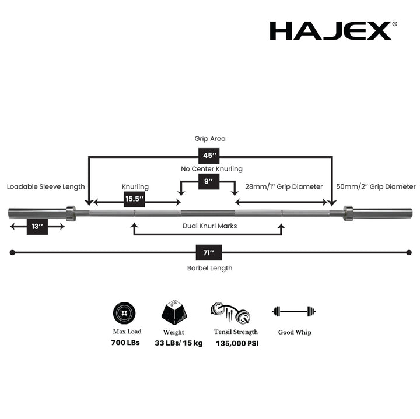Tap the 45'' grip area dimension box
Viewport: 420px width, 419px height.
(209, 156)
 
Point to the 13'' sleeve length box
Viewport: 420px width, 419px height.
(37, 226)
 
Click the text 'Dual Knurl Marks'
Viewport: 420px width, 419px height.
(209, 226)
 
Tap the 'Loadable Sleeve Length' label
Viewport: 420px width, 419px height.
(45, 187)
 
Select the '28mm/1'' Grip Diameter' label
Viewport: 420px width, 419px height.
(283, 187)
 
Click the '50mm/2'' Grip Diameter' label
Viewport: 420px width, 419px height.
(376, 187)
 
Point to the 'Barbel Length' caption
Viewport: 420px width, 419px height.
(209, 268)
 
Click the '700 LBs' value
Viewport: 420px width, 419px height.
(125, 343)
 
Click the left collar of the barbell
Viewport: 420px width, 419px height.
(71, 213)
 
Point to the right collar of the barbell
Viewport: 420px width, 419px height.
(348, 213)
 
